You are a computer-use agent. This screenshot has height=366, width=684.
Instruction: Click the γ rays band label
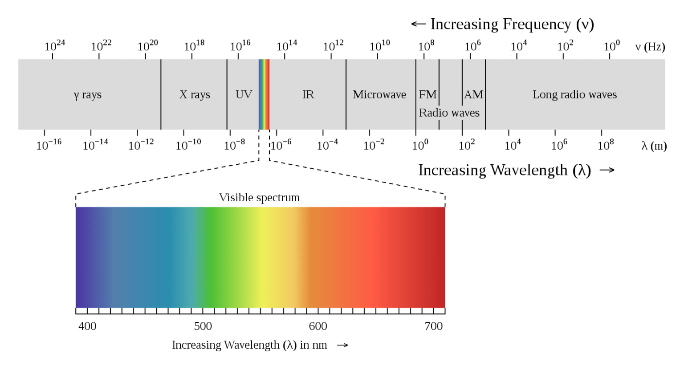click(88, 95)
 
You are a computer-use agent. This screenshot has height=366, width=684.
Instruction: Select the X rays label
click(195, 95)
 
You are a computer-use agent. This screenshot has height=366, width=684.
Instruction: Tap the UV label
click(244, 94)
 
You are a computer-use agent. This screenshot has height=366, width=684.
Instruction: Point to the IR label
click(308, 94)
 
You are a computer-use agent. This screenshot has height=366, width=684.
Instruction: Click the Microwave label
click(379, 94)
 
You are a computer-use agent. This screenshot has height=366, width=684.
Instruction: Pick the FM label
click(427, 94)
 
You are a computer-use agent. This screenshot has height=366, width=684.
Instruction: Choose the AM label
click(473, 94)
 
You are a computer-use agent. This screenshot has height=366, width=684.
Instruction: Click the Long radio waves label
click(574, 94)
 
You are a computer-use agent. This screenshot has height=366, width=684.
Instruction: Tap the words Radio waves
click(449, 113)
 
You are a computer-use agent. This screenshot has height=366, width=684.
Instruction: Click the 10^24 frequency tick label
click(54, 46)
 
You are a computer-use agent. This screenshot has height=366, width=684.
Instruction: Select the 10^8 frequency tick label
click(426, 46)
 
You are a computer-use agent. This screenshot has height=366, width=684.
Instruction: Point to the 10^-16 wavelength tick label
click(49, 145)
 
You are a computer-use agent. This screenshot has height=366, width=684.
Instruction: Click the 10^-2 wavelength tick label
click(374, 145)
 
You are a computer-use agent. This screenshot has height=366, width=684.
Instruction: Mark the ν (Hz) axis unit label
click(650, 47)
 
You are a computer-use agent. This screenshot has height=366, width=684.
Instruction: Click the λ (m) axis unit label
click(654, 146)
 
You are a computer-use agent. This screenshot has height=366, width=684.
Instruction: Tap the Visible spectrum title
click(259, 197)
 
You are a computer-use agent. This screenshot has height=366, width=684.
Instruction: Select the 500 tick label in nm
click(203, 326)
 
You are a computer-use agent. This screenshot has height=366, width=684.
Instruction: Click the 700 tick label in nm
click(433, 326)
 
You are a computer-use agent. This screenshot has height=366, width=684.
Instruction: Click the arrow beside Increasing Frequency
click(418, 24)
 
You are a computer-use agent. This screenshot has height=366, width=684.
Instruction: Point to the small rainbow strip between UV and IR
click(264, 94)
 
